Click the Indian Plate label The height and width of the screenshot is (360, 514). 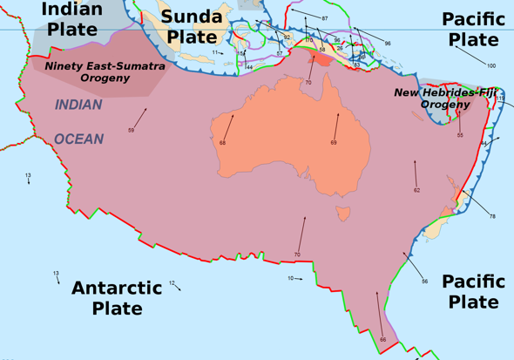click(x=72, y=18)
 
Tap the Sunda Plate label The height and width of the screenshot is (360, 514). click(x=192, y=26)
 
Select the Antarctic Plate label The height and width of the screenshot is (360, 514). click(x=117, y=297)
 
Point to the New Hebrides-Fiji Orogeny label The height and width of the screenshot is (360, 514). click(x=445, y=98)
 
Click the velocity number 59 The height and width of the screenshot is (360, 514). click(x=131, y=130)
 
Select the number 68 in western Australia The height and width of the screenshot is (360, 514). click(x=222, y=143)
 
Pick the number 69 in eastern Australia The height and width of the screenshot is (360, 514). click(x=333, y=143)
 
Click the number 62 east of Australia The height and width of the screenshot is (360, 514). click(x=416, y=190)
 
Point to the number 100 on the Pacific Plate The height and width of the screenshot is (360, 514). click(x=491, y=66)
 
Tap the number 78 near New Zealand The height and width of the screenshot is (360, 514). click(x=492, y=216)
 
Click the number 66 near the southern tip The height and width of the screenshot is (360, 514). click(x=382, y=339)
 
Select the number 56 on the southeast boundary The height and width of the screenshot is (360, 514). click(x=424, y=282)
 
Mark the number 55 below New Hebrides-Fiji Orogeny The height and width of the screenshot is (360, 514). click(x=460, y=136)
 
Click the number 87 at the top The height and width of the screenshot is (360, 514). click(x=325, y=18)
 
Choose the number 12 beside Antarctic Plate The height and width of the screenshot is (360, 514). click(x=172, y=282)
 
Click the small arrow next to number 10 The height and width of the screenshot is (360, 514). click(x=299, y=279)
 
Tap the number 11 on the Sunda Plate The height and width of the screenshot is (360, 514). click(x=213, y=52)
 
